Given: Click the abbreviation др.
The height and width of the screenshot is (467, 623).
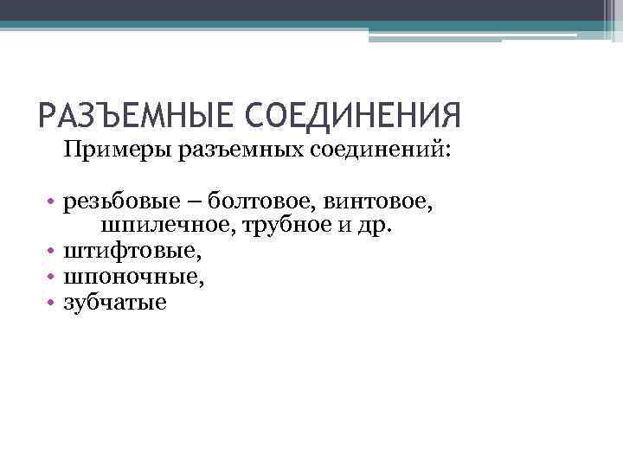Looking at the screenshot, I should [375, 227].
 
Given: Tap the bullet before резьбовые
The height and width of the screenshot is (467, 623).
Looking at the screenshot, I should [52, 203].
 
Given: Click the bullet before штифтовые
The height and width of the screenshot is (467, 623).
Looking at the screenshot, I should [52, 253].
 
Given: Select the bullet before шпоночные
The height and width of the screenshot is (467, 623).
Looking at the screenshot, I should [52, 278].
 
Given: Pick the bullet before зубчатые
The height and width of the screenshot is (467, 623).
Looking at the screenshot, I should [52, 303].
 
